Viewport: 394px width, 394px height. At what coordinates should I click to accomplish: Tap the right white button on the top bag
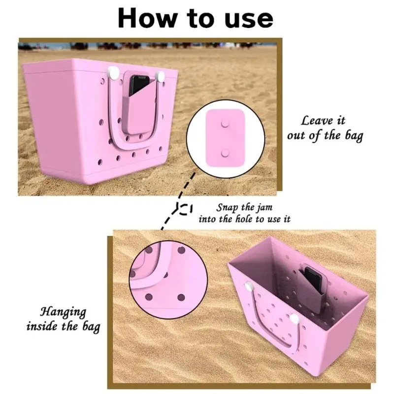point(160,75)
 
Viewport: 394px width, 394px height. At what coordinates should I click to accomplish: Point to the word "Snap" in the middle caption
point(227,207)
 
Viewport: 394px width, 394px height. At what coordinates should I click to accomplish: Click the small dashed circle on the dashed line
point(185,209)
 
